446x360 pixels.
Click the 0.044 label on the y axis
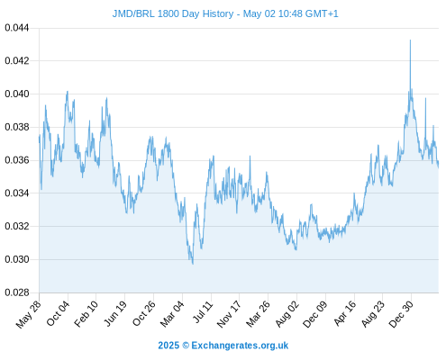pos(17,28)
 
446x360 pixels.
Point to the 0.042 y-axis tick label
pos(17,61)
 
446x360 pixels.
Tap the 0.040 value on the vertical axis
pos(17,94)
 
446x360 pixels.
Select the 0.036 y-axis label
pos(17,160)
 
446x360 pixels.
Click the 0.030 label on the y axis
pos(17,259)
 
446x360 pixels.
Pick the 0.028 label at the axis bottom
pos(17,292)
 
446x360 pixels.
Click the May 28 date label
pos(28,314)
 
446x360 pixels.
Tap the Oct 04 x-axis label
pos(58,313)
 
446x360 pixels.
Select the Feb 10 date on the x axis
pos(86,314)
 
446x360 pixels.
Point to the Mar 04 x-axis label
pos(172,314)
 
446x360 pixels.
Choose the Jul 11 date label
pos(203,312)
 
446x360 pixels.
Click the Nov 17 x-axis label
pos(229,314)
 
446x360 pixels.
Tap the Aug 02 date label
pos(287,314)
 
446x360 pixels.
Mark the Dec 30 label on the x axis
pos(401,314)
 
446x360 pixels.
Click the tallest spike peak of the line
pos(410,40)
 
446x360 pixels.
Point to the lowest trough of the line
pos(193,264)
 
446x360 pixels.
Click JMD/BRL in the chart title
pos(133,13)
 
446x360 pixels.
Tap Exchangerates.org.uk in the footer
pos(240,346)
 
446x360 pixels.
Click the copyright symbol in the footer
pos(186,346)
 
